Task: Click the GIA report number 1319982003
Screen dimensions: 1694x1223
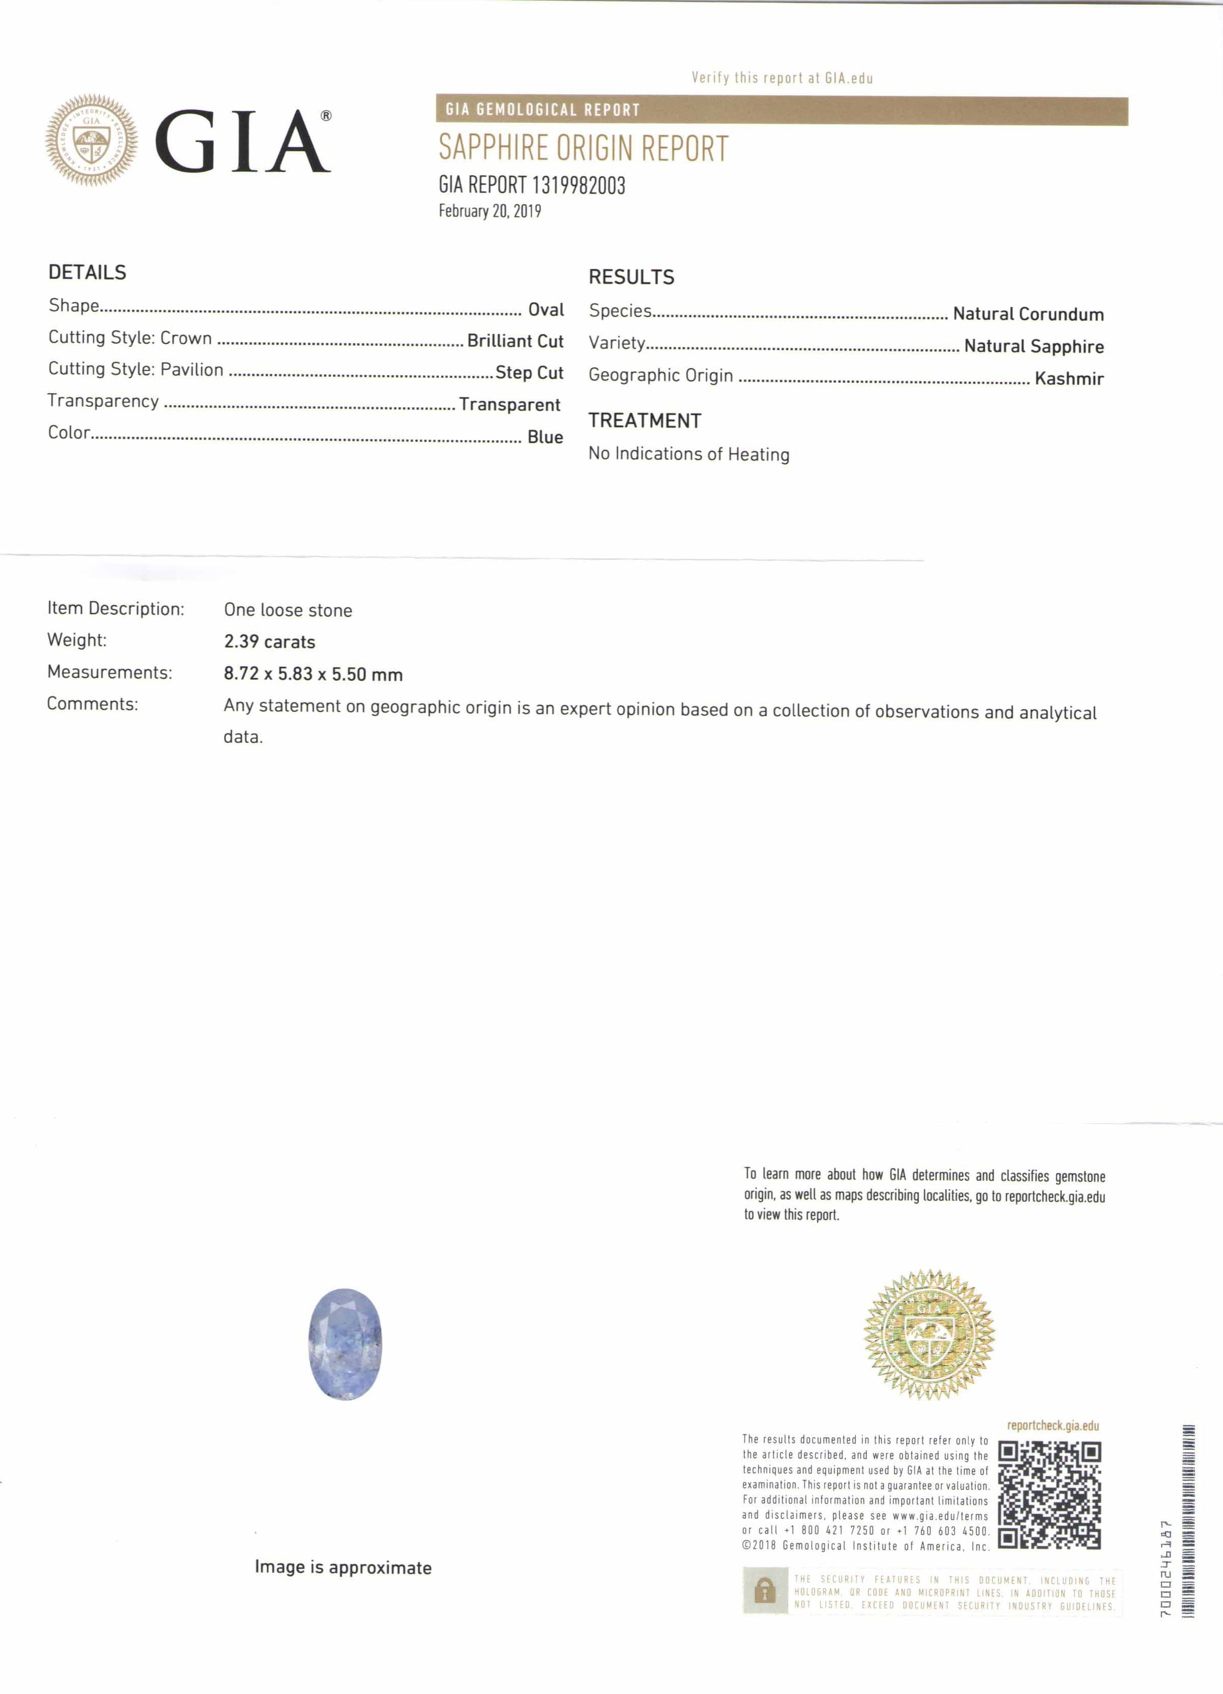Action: tap(531, 185)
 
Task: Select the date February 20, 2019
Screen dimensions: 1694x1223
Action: tap(490, 211)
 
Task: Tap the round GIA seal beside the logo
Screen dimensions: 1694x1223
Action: tap(91, 140)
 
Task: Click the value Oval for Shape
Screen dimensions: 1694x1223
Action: tap(546, 310)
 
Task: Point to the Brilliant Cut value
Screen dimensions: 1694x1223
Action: tap(515, 341)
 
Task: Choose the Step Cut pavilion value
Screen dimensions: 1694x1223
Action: tap(529, 373)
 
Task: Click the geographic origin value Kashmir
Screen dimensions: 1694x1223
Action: tap(1068, 379)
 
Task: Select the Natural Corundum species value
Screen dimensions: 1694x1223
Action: tap(1028, 314)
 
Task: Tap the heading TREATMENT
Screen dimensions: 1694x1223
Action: tap(644, 421)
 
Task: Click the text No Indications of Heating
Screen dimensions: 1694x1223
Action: tap(689, 454)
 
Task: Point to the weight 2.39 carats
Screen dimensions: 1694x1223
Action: tap(269, 642)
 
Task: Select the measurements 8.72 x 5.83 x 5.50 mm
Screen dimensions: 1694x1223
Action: tap(313, 674)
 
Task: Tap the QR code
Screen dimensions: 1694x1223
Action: tap(1049, 1494)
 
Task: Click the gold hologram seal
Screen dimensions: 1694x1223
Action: tap(929, 1334)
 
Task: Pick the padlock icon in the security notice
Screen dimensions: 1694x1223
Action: tap(764, 1592)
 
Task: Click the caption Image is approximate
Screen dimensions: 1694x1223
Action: tap(343, 1567)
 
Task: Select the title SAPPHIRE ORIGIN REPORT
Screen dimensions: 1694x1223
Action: tap(583, 148)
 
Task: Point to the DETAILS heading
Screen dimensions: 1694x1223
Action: tap(87, 272)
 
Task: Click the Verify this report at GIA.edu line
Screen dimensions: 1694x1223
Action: tap(782, 78)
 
